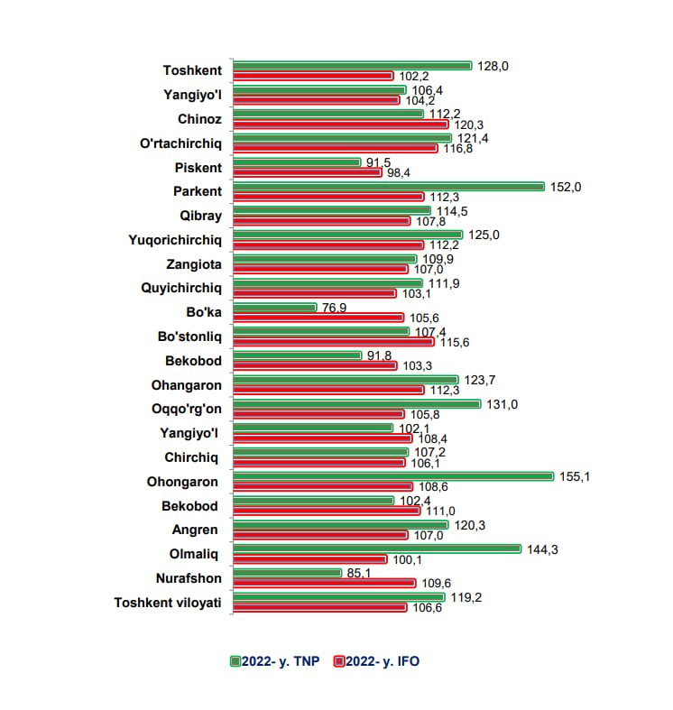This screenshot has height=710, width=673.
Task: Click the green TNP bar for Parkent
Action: point(389,187)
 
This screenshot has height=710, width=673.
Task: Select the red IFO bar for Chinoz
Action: point(340,124)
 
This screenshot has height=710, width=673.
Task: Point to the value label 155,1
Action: point(575,476)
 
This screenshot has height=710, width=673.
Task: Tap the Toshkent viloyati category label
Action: point(167,602)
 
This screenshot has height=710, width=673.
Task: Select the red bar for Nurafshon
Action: point(324,583)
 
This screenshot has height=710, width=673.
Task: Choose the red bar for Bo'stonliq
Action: point(333,342)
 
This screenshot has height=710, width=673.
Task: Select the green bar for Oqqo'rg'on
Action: point(357,404)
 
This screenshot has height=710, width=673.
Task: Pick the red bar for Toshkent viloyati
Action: point(319,607)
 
